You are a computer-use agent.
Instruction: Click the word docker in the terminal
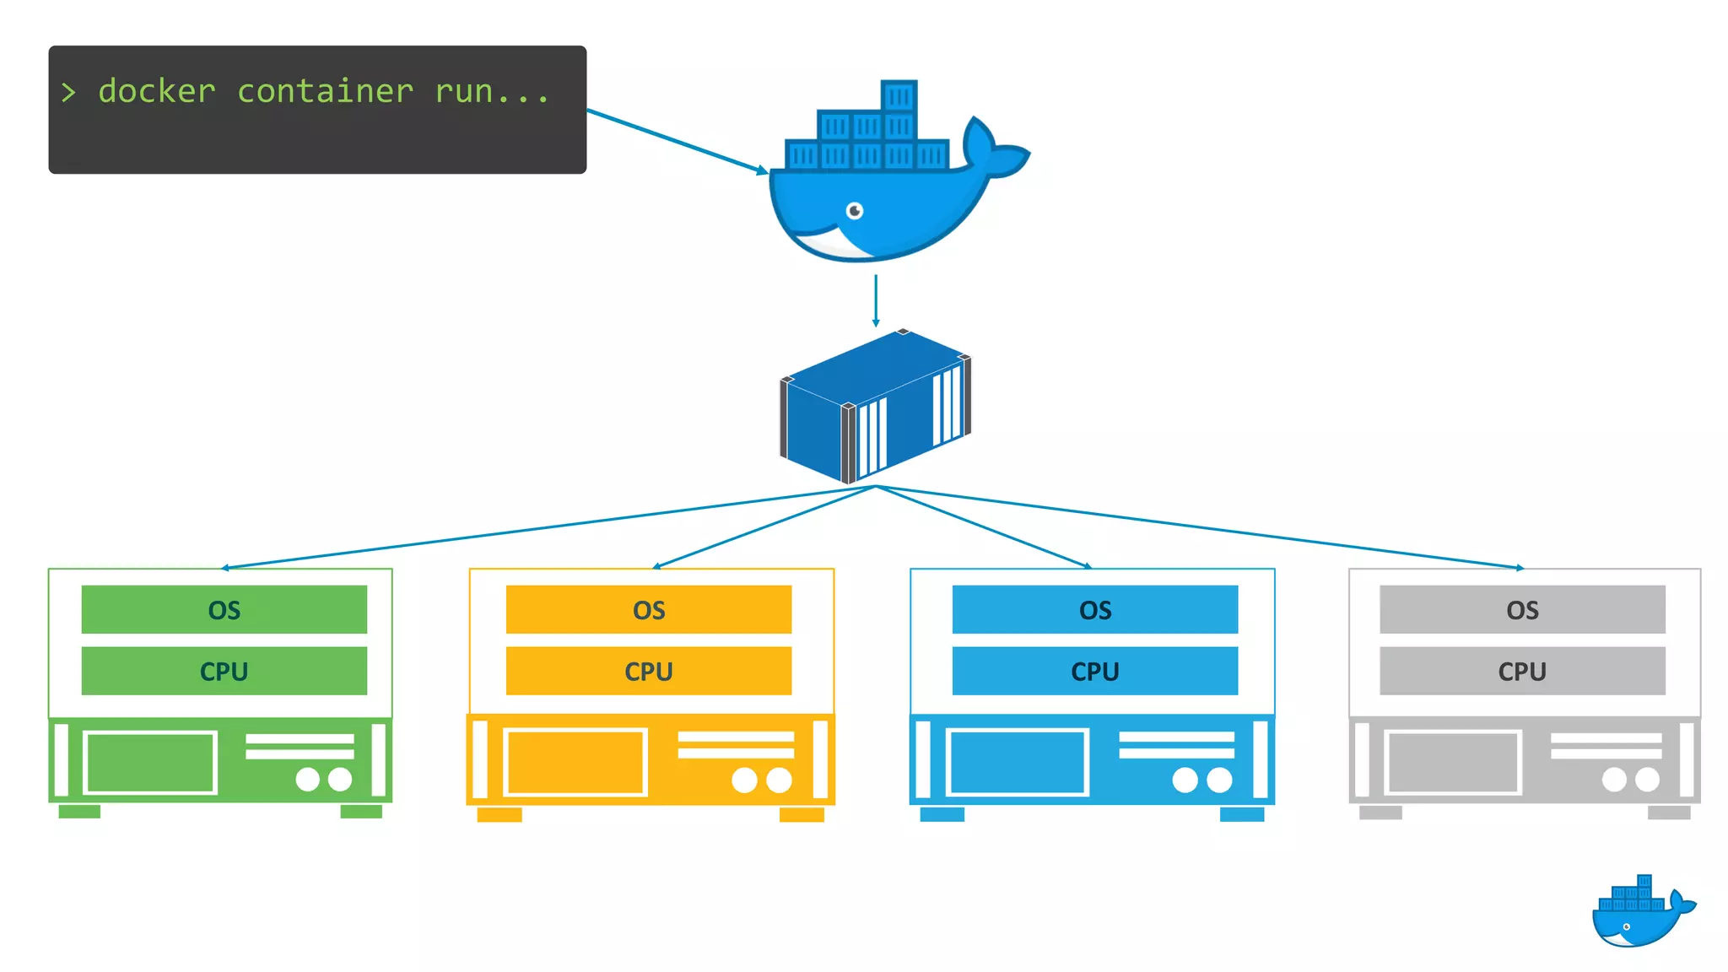point(157,91)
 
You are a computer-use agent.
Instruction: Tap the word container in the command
point(325,91)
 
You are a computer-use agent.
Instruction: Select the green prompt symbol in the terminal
point(68,92)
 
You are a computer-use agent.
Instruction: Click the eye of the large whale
point(855,210)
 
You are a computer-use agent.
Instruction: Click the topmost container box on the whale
point(899,96)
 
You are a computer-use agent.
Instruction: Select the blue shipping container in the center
point(875,406)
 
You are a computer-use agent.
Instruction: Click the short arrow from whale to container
point(876,300)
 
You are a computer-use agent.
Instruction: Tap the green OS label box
point(224,609)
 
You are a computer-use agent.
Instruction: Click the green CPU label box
point(224,671)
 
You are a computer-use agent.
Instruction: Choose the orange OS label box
point(649,609)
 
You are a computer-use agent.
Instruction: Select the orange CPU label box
point(649,671)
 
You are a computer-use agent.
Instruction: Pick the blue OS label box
point(1095,609)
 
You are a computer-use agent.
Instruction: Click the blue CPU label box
point(1095,671)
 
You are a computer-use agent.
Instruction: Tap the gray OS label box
point(1522,609)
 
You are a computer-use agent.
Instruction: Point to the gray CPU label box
point(1522,671)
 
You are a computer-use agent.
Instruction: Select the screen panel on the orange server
point(575,762)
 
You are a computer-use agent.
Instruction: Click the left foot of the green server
point(79,812)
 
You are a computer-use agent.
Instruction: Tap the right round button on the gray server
point(1647,779)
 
